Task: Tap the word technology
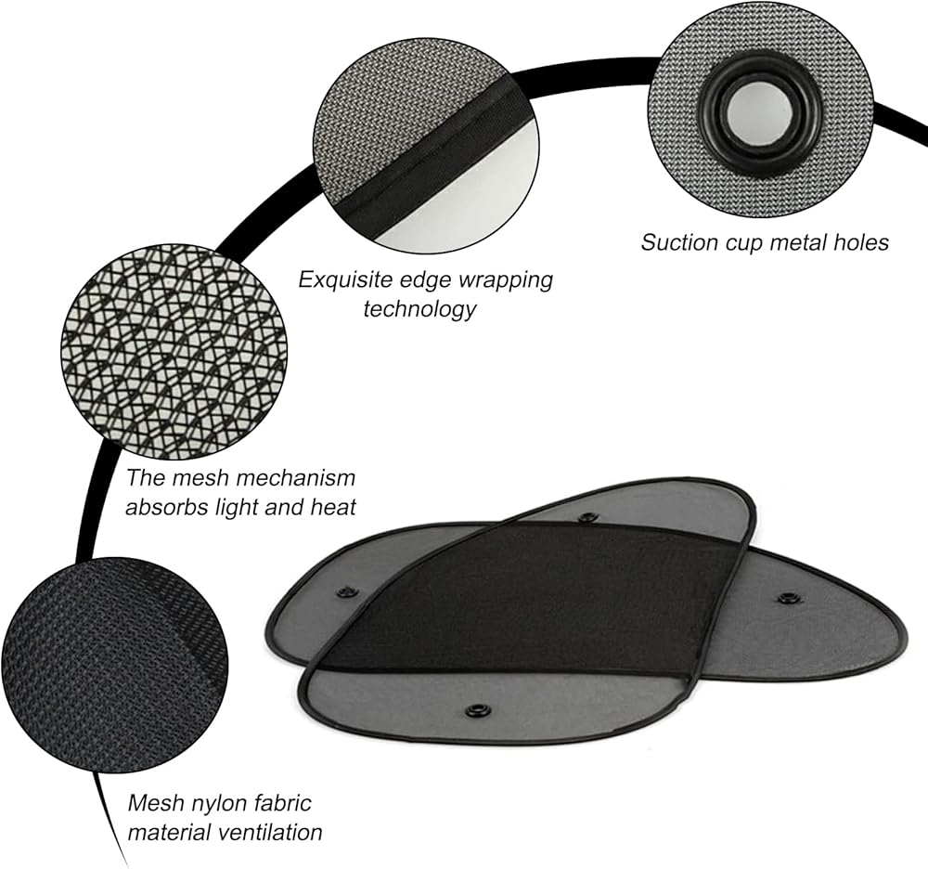pyautogui.click(x=419, y=308)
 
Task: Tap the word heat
pyautogui.click(x=332, y=508)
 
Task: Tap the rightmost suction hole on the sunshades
pyautogui.click(x=789, y=598)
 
